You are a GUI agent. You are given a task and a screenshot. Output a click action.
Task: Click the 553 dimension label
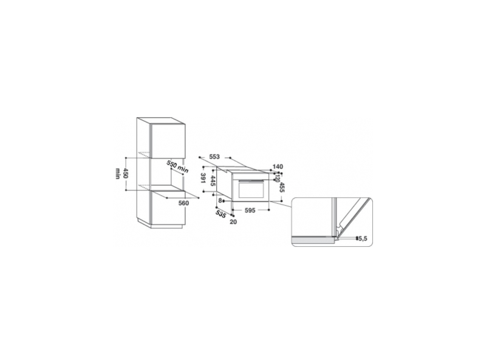[x=213, y=157]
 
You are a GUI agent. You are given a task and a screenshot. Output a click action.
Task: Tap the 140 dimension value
[x=278, y=166]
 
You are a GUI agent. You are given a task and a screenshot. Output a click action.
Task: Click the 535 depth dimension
[x=221, y=215]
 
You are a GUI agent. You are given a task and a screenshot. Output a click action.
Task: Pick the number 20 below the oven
[x=234, y=221]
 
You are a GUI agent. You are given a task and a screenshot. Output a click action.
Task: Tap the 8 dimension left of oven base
[x=219, y=200]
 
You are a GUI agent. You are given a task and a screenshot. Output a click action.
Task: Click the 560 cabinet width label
[x=183, y=203]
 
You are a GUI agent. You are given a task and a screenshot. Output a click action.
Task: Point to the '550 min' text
[x=176, y=166]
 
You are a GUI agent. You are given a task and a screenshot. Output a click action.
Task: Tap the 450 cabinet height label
[x=126, y=175]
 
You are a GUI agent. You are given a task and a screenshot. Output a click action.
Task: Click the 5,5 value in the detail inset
[x=363, y=239]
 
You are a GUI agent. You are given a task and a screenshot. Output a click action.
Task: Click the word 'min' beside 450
[x=117, y=175]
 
